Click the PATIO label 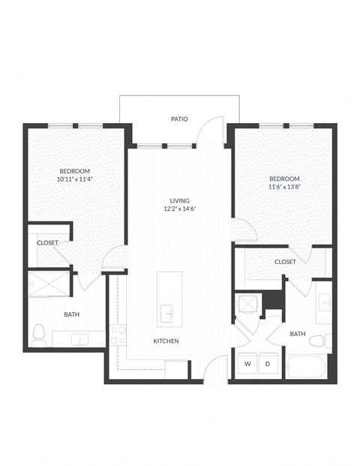click(178, 119)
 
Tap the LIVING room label click(179, 200)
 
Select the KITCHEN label click(166, 341)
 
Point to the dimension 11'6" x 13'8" click(284, 188)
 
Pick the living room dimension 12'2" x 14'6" click(179, 209)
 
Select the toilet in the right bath click(317, 341)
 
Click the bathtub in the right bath click(305, 368)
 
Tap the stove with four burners click(118, 335)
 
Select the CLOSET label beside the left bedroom click(47, 243)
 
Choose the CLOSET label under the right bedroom click(284, 262)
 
